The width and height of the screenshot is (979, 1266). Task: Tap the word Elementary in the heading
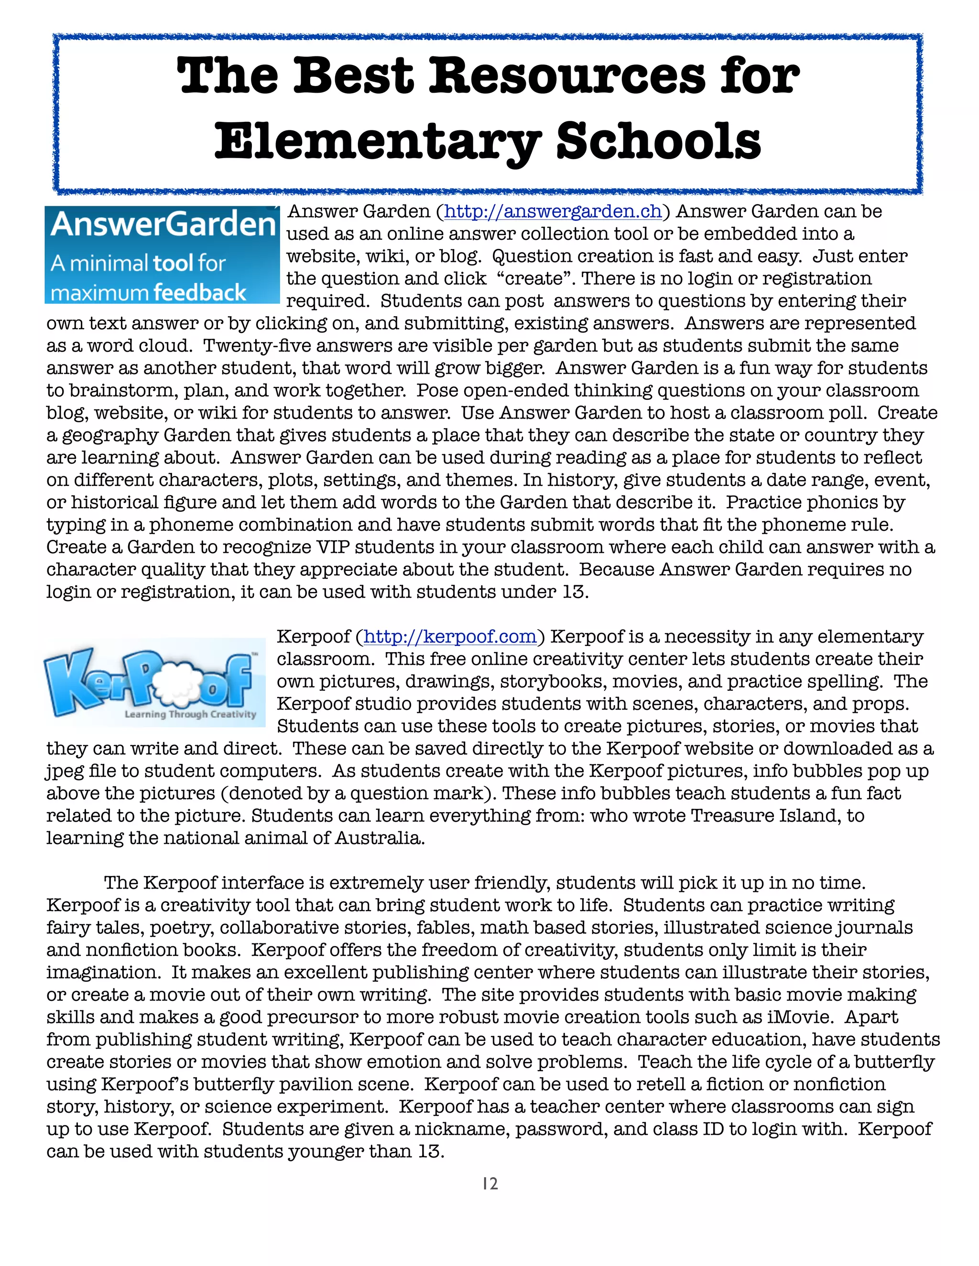pos(378,142)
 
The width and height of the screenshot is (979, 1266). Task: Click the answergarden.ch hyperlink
pos(553,212)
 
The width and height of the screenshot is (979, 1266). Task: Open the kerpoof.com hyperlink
pos(449,636)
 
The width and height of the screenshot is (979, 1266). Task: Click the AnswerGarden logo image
pos(162,255)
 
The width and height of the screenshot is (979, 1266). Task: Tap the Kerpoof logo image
pos(154,682)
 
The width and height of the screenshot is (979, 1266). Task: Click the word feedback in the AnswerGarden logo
pos(200,293)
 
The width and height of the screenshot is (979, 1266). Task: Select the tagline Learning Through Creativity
pos(190,714)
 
